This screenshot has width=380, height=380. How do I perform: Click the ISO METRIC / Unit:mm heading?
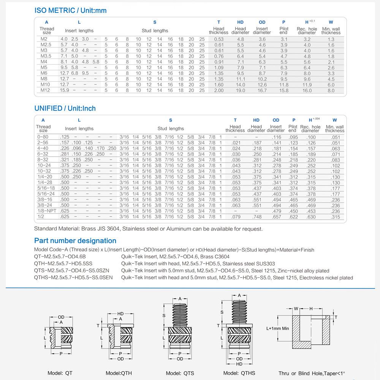coord(70,11)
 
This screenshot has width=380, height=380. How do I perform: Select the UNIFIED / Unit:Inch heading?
coord(65,108)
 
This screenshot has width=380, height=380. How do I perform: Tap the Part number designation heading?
coord(75,241)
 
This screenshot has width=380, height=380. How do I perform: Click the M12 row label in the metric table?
coord(46,90)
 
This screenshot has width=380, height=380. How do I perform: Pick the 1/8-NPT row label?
coord(46,211)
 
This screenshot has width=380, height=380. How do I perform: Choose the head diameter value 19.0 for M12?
coord(241,90)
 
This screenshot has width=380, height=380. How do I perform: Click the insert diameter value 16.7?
coord(262,90)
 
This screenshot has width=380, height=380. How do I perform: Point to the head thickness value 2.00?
coord(219,90)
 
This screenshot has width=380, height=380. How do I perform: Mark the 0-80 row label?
coord(43,137)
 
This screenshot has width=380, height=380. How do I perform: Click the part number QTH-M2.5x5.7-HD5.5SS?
coord(63,263)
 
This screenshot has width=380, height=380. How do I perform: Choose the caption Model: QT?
coord(60,373)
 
